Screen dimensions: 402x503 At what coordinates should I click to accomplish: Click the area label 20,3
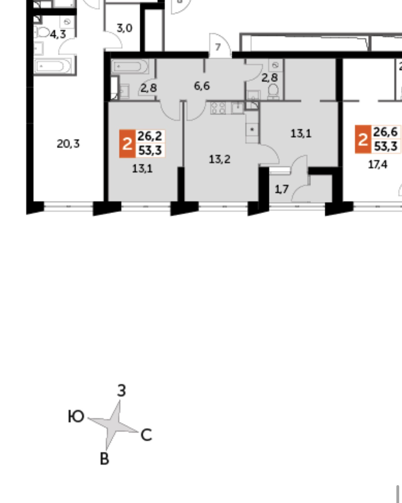(x=68, y=144)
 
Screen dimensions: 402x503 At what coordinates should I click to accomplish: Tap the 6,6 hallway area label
(x=202, y=86)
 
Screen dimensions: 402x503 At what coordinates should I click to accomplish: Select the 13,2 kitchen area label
(x=219, y=159)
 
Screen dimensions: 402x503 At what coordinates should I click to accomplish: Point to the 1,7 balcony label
(x=281, y=189)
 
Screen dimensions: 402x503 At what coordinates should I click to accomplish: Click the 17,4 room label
(x=378, y=164)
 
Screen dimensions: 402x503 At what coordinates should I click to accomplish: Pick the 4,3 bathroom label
(x=58, y=34)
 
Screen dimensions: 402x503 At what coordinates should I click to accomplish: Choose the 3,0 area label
(x=124, y=28)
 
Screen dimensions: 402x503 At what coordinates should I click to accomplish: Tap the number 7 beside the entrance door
(x=218, y=47)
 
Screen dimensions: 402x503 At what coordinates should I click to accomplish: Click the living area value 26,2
(x=150, y=136)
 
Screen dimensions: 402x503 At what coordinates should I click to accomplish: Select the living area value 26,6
(x=385, y=132)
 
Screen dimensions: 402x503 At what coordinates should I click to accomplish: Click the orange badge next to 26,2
(x=127, y=144)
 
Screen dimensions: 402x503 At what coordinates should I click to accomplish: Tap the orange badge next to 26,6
(x=363, y=139)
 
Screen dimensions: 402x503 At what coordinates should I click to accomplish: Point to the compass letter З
(x=121, y=391)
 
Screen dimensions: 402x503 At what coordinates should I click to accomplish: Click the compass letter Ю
(x=76, y=417)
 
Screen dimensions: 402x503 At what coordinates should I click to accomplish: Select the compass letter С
(x=146, y=435)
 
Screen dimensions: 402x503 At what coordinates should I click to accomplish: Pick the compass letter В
(x=104, y=459)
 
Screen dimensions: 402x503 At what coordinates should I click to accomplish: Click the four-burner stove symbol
(x=218, y=108)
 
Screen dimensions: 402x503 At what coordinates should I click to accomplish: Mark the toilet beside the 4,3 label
(x=43, y=32)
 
